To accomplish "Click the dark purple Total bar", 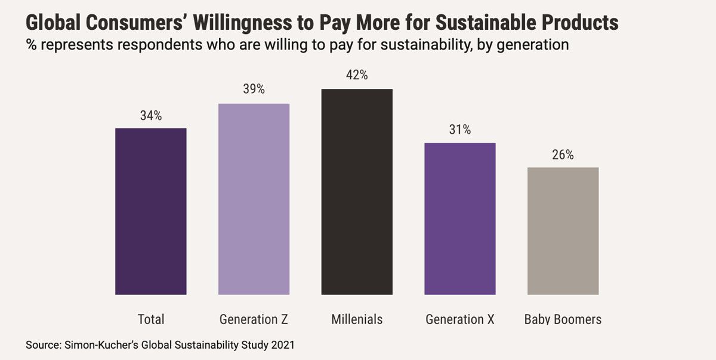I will pyautogui.click(x=151, y=211).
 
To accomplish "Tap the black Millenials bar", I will pyautogui.click(x=357, y=192).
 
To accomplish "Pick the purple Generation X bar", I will pyautogui.click(x=459, y=219).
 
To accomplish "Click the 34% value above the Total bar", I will pyautogui.click(x=151, y=116).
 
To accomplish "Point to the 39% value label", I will pyautogui.click(x=254, y=90).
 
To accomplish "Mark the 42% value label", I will pyautogui.click(x=357, y=75).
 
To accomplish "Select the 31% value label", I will pyautogui.click(x=459, y=130).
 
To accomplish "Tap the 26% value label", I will pyautogui.click(x=563, y=155).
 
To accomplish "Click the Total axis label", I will pyautogui.click(x=151, y=319).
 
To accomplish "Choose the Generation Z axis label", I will pyautogui.click(x=254, y=319).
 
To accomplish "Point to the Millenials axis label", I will pyautogui.click(x=357, y=319).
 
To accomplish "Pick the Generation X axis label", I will pyautogui.click(x=459, y=319).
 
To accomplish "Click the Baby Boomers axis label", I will pyautogui.click(x=563, y=319).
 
